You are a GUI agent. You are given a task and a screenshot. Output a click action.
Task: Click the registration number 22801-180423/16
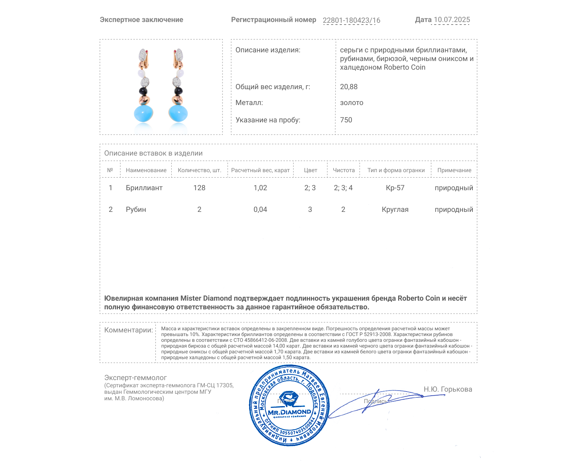(351, 20)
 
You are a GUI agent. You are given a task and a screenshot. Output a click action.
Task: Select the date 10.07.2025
(452, 20)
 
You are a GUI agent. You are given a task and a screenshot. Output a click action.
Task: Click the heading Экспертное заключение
(141, 20)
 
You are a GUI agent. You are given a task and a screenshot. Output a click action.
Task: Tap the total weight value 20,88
(349, 87)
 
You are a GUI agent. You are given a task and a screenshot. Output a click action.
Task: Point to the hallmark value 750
(346, 120)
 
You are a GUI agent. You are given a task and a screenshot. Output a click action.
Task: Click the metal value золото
(352, 103)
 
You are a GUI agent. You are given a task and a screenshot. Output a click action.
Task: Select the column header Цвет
(310, 170)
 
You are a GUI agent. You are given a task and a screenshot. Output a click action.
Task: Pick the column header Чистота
(344, 170)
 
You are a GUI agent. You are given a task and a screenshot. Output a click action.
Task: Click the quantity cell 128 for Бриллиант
(199, 188)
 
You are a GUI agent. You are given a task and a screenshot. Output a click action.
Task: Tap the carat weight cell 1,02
(260, 188)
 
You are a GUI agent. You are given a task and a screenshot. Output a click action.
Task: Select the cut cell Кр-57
(395, 188)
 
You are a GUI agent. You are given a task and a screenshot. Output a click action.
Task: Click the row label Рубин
(136, 209)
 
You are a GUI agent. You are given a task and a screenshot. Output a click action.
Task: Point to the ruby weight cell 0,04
(260, 209)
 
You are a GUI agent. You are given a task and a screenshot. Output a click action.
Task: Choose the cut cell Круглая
(395, 209)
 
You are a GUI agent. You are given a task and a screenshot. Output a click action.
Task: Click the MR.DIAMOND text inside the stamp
(289, 412)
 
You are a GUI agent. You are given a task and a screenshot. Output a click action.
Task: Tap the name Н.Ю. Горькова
(448, 389)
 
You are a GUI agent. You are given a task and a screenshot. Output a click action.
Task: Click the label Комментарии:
(128, 330)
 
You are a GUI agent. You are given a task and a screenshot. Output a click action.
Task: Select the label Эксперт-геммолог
(135, 378)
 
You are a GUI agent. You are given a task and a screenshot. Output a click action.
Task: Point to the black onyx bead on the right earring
(178, 91)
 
